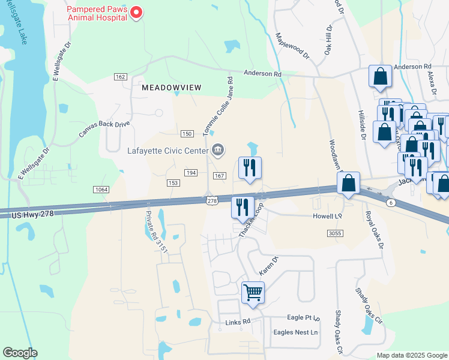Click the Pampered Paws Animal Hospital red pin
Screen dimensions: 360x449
(x=136, y=13)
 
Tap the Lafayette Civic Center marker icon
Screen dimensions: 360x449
(x=218, y=150)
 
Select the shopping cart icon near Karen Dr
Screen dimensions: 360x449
(x=253, y=293)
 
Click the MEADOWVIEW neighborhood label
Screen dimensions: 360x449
(x=171, y=88)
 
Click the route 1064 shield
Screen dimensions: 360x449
(x=101, y=190)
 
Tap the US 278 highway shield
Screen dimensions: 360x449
(x=211, y=201)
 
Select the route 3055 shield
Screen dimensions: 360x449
(x=336, y=233)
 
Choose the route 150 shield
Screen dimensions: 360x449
(x=187, y=133)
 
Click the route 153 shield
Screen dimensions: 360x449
(x=173, y=182)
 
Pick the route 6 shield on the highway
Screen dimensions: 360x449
(x=391, y=203)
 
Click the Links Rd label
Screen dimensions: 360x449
(x=237, y=323)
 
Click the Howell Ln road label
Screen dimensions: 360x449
(x=327, y=216)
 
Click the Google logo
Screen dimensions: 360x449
(x=20, y=353)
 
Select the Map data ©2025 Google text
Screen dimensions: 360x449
(x=411, y=355)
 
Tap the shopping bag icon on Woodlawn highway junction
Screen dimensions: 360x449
(x=348, y=183)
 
